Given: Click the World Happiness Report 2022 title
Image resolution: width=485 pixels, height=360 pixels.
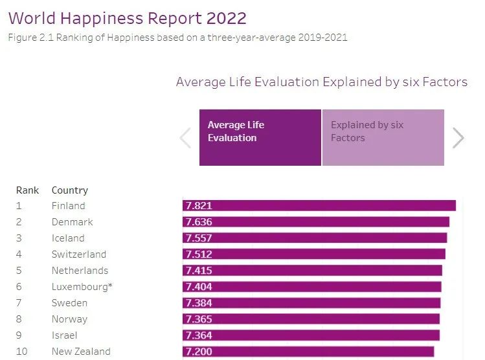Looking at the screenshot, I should click(128, 18).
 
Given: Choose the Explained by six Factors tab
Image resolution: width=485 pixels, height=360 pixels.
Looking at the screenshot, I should click(383, 137).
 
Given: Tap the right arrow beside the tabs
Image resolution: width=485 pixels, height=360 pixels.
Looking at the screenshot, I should click(458, 138).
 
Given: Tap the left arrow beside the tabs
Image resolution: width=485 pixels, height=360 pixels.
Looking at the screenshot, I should click(185, 138).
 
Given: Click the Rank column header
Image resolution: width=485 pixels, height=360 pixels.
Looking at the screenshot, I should click(27, 190).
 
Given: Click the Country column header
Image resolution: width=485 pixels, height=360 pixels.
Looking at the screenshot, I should click(69, 190).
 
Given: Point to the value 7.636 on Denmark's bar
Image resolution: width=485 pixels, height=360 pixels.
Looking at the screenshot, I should click(198, 222).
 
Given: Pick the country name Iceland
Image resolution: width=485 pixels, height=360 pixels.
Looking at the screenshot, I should click(68, 238).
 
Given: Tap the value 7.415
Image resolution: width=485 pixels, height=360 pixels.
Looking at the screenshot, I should click(198, 271).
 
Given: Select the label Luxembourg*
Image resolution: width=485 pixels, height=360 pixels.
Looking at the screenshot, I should click(82, 287).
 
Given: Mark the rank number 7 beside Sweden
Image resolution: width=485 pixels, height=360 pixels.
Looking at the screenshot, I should click(19, 303).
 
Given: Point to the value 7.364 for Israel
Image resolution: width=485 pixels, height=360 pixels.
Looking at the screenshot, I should click(198, 335).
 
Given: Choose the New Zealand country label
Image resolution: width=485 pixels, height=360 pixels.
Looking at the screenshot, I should click(81, 352).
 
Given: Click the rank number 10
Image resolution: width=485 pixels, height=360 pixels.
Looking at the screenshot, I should click(21, 352).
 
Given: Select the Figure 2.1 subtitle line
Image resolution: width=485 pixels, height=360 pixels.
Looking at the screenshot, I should click(177, 38).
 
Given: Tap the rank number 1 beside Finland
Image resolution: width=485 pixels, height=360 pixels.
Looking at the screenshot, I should click(19, 206).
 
